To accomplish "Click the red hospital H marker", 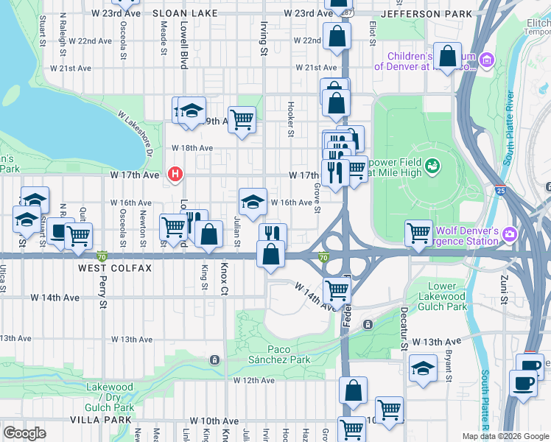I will [175, 175].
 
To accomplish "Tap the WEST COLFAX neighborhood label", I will [115, 269].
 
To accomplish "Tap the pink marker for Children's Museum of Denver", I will [485, 60].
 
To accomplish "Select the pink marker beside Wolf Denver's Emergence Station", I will [509, 234].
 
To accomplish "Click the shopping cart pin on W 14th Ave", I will [337, 290].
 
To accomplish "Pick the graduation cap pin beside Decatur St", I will [423, 369].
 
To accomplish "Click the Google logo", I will [24, 432].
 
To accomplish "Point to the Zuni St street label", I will [503, 287].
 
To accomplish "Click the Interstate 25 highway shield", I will [502, 189].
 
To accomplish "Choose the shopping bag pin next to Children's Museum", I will [447, 55].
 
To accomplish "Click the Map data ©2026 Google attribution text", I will [505, 436].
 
